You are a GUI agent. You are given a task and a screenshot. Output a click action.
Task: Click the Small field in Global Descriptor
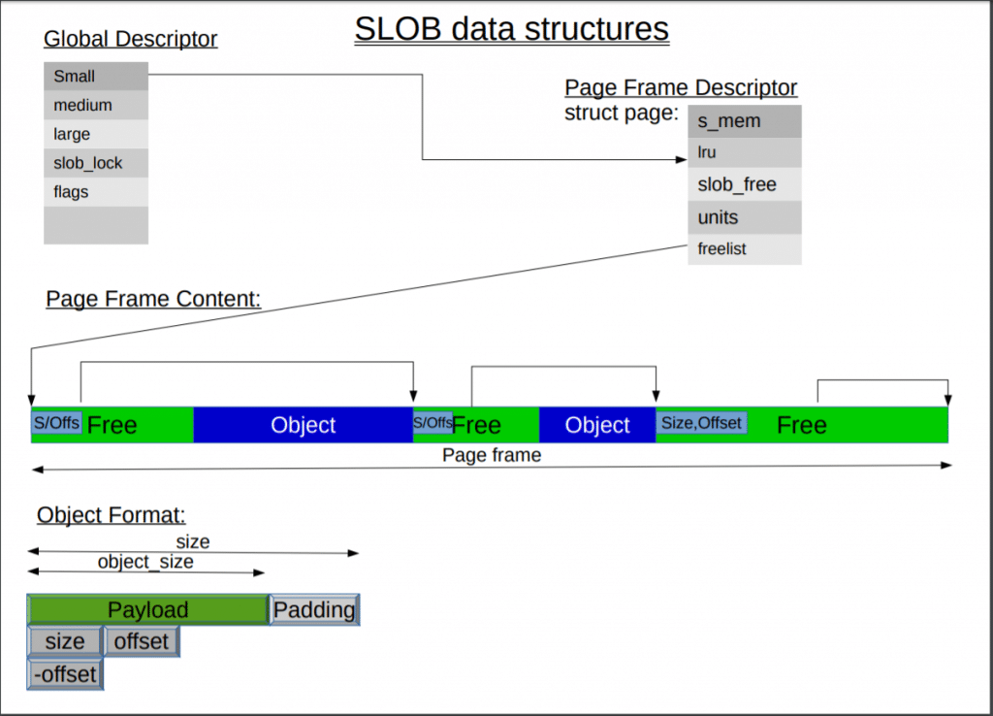point(96,76)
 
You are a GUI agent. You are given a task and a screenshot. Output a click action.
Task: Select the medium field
point(96,105)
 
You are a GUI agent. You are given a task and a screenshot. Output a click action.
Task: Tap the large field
point(96,134)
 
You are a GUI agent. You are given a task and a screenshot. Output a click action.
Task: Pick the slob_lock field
point(96,163)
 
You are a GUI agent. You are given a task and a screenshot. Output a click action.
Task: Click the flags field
point(96,192)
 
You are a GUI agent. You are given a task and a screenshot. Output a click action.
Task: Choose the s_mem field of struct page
point(745,121)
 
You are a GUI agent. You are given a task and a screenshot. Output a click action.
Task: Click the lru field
point(745,152)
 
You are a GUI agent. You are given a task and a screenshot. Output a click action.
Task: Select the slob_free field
point(745,184)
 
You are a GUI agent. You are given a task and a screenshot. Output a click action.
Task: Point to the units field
point(745,217)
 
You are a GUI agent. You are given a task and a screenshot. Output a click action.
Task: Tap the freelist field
point(745,249)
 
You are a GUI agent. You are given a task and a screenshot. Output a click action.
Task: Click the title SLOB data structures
point(511,29)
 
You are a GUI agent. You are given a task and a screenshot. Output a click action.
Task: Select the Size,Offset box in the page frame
point(701,423)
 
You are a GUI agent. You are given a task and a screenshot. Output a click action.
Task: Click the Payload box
point(147,610)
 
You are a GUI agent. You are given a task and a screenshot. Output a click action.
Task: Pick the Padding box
point(314,610)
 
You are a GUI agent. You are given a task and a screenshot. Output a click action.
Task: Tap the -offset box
point(65,674)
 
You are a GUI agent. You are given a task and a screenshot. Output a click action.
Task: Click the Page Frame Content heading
point(153,299)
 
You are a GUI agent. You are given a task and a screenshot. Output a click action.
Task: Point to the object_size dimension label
point(145,563)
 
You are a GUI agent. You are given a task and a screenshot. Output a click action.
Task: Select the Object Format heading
point(111,515)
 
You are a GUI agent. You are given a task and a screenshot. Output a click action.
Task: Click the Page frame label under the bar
point(492,455)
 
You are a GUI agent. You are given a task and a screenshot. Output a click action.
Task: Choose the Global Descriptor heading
point(130,40)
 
